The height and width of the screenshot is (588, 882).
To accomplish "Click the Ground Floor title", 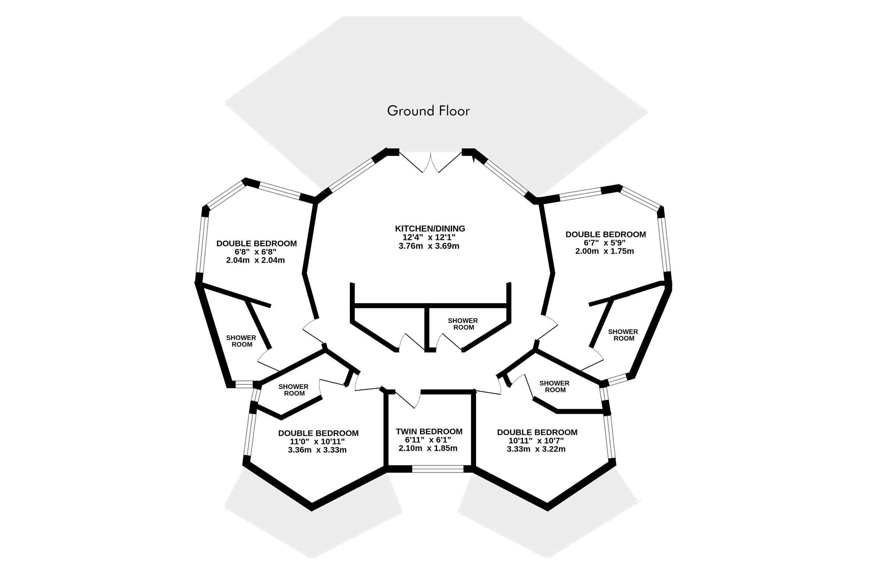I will (x=428, y=111).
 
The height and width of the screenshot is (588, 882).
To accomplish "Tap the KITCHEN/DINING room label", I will (x=430, y=228).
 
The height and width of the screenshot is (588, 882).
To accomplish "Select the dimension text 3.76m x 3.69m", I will (x=429, y=246).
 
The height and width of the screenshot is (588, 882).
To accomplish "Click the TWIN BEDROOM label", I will (x=429, y=431).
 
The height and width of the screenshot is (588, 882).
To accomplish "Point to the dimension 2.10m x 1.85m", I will (x=428, y=448).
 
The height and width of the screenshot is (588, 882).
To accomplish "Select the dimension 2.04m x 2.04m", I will (x=255, y=260).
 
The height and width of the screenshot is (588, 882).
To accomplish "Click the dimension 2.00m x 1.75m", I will (x=605, y=251).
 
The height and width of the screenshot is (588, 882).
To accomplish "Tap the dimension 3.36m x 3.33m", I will (x=317, y=450).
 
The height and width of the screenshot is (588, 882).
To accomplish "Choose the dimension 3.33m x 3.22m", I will (x=536, y=449).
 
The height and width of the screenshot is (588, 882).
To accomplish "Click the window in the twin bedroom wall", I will (x=438, y=469).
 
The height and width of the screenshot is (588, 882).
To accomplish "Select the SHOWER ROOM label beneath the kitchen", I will (x=463, y=324).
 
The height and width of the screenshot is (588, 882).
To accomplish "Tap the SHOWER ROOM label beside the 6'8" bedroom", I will (x=241, y=341).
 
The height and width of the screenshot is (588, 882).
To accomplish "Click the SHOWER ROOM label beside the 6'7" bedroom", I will (x=623, y=335).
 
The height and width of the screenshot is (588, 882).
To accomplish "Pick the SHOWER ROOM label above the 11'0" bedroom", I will (x=294, y=390).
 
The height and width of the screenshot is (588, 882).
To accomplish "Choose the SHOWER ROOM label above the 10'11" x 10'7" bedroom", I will (x=554, y=386).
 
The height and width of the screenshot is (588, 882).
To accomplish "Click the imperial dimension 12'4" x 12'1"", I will (x=429, y=237).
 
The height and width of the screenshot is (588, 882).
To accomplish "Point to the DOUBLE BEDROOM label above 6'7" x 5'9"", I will (x=606, y=234).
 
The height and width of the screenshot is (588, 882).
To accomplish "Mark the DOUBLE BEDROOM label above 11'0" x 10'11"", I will (x=318, y=433).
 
